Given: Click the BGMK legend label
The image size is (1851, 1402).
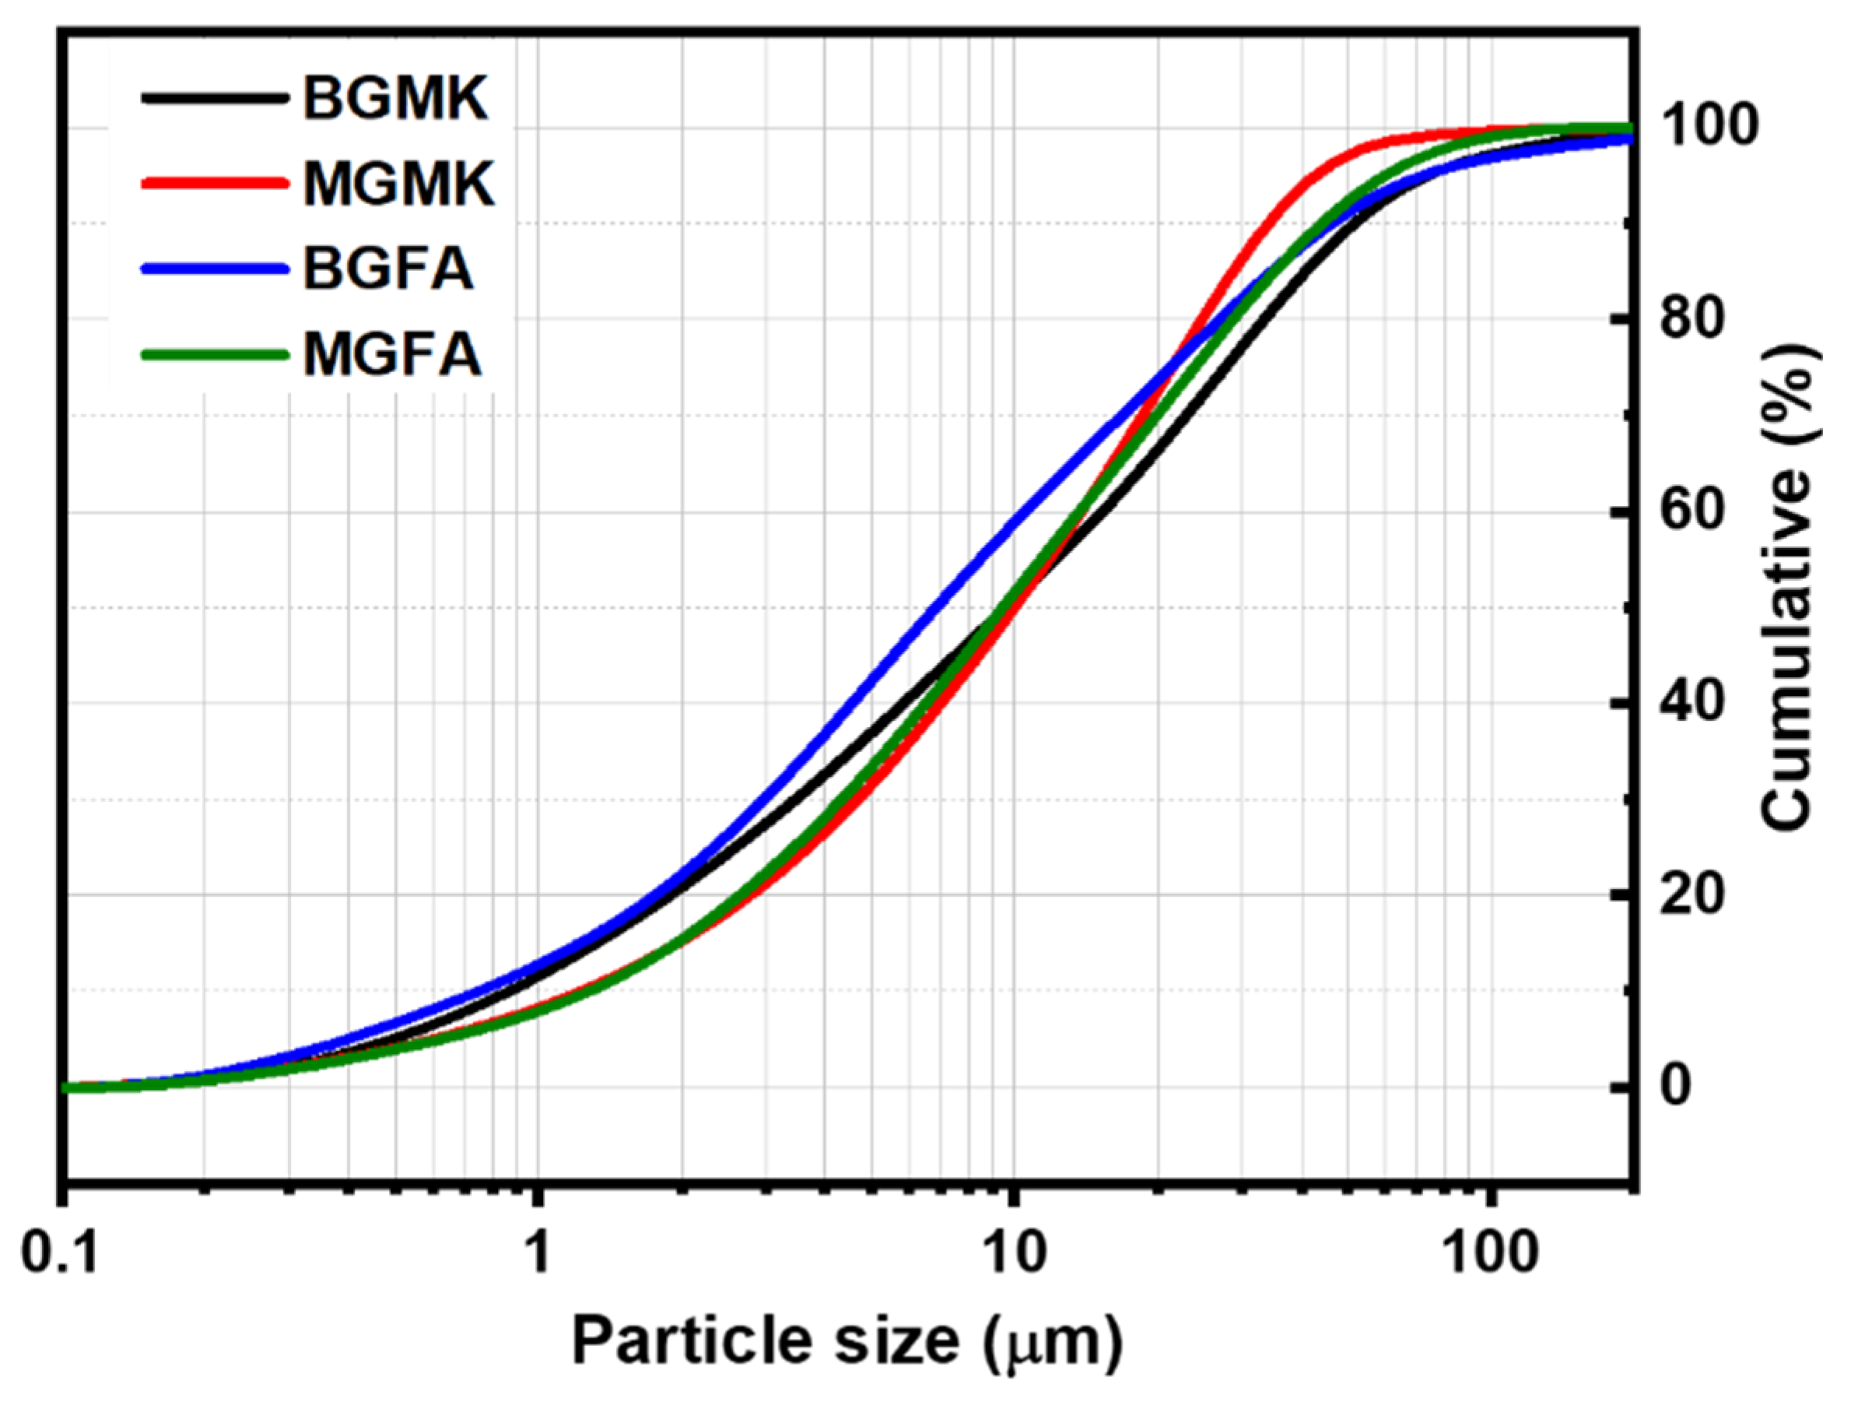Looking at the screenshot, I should click(395, 99).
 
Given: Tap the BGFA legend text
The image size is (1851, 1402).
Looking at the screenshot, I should click(388, 269).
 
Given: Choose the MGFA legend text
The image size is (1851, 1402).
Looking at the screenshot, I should click(391, 354).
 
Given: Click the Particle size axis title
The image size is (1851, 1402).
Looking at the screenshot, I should click(847, 1343).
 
